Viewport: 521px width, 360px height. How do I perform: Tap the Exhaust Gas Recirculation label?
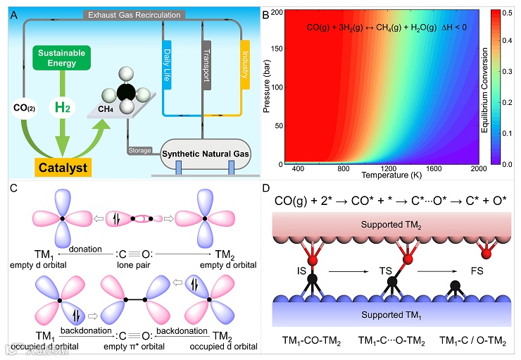pos(133,15)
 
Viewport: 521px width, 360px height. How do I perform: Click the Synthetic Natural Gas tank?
pos(205,155)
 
